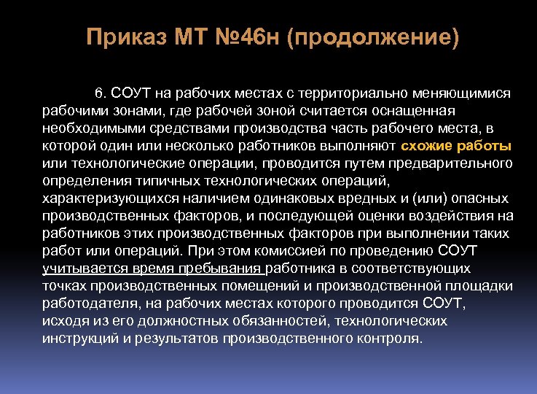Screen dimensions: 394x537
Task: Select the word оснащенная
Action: click(415, 110)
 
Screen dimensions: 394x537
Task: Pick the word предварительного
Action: click(453, 161)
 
